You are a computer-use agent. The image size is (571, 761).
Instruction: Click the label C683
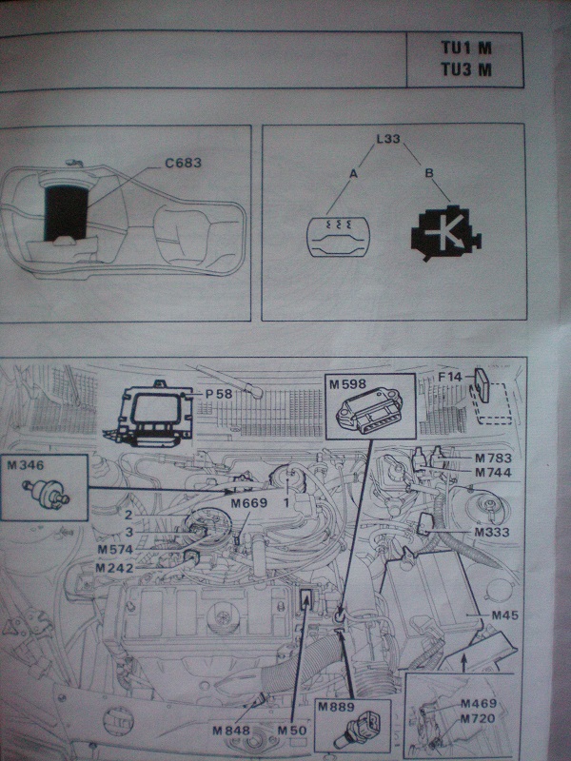coord(183,163)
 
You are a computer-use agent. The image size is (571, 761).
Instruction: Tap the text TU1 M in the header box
coord(466,49)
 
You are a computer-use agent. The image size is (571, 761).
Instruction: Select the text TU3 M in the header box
coord(466,69)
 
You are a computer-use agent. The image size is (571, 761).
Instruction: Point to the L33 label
coord(388,139)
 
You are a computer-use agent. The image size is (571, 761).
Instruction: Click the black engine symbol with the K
coord(445,234)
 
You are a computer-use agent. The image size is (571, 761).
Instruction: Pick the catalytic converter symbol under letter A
coord(339,237)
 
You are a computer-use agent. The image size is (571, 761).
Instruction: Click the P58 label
coord(219,394)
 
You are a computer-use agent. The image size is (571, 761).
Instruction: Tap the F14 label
coord(450,377)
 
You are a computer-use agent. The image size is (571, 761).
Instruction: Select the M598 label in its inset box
coord(347,384)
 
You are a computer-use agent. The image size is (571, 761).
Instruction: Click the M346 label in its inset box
coord(26,465)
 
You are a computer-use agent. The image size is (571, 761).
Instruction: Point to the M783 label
coord(493,459)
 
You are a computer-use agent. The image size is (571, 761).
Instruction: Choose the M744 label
coord(493,473)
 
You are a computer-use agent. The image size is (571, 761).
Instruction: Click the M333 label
coord(492,533)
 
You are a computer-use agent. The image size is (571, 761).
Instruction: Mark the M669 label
coord(249,503)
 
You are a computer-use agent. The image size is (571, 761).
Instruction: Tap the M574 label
coord(115,550)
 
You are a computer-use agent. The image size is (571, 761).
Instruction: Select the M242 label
coord(114,568)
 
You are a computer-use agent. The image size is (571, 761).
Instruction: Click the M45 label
coord(505,615)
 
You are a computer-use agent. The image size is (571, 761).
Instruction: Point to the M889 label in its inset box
coord(336,707)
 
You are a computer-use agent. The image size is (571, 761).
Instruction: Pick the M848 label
coord(231,731)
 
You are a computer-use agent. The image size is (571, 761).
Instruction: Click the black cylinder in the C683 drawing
coord(67,213)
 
